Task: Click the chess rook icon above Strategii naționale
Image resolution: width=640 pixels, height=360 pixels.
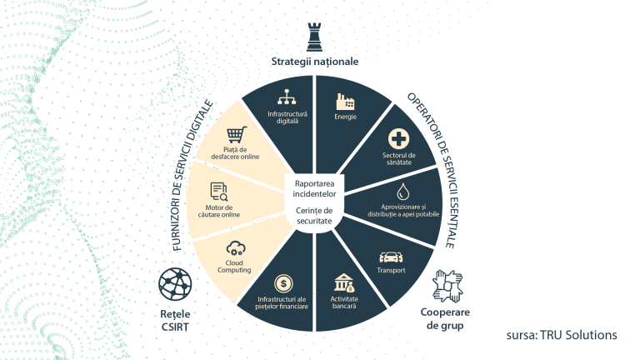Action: point(314,37)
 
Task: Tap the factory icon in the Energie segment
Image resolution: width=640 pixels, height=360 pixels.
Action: point(345,102)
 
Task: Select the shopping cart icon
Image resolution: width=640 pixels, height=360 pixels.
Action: point(237,134)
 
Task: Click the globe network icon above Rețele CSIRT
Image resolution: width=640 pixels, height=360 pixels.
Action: point(176,285)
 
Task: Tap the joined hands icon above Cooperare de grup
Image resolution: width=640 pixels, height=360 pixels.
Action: point(448,286)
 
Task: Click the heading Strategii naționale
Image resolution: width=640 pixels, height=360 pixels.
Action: point(314,61)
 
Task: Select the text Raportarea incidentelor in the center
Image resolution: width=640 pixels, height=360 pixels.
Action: point(314,187)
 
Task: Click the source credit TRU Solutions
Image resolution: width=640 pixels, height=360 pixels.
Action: point(561,335)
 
